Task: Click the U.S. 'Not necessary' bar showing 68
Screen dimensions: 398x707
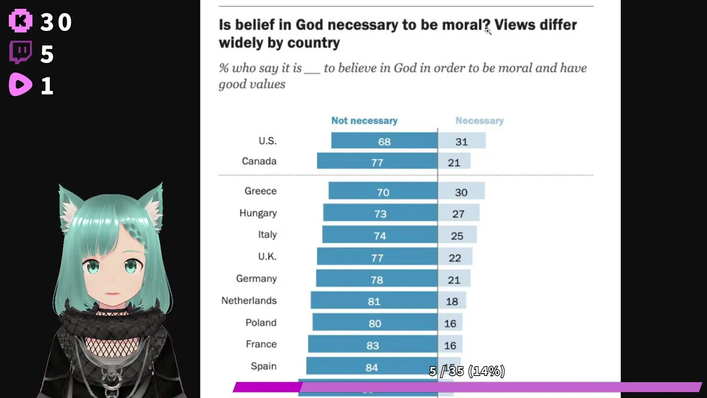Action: click(x=384, y=141)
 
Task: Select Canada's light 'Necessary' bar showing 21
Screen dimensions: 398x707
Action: click(x=454, y=161)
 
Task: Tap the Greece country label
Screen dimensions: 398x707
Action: click(x=260, y=191)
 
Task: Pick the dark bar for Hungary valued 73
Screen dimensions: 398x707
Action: click(x=380, y=213)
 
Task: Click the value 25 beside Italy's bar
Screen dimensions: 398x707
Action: click(x=457, y=236)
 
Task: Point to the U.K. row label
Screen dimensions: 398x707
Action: click(x=267, y=256)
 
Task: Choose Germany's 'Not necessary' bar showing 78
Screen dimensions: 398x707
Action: click(x=377, y=279)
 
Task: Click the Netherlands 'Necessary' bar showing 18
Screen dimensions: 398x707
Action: click(x=452, y=301)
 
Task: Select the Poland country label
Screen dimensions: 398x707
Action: click(x=261, y=323)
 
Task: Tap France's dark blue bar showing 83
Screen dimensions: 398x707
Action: click(x=372, y=345)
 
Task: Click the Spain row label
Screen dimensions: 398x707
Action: click(x=263, y=366)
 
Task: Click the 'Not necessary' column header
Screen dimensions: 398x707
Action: click(x=364, y=121)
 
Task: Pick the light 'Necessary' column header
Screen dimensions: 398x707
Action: click(x=479, y=121)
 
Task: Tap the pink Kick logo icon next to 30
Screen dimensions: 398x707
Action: click(x=20, y=22)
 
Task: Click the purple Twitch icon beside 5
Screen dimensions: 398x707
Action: click(x=20, y=54)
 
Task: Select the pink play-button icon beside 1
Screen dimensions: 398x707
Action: click(x=20, y=85)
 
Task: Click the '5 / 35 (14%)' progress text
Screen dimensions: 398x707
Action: click(x=467, y=371)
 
